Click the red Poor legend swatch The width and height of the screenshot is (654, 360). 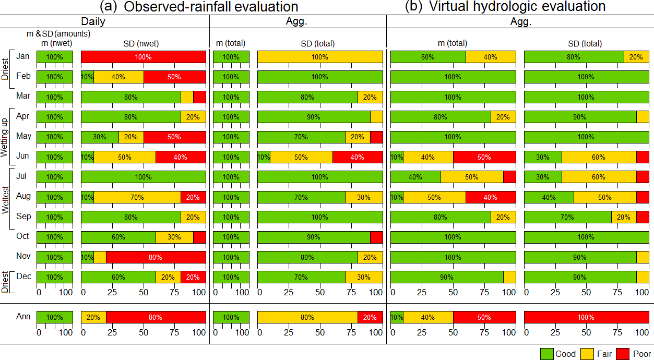[623, 354]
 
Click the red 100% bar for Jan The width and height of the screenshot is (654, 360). [144, 57]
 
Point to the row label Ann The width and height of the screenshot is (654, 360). [23, 317]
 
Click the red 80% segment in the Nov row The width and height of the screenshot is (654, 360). [156, 257]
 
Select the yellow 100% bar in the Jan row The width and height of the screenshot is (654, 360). [320, 57]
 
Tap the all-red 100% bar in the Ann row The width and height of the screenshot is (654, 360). [586, 317]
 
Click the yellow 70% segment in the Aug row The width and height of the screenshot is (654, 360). [137, 197]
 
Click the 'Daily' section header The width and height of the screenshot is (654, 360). [93, 21]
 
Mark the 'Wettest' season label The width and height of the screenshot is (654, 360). [5, 197]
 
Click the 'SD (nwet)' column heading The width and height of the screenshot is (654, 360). [144, 43]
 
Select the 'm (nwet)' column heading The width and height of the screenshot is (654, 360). [54, 43]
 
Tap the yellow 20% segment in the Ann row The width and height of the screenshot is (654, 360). [93, 317]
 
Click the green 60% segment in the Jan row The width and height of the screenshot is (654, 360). [428, 57]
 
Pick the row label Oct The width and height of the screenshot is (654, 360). [23, 236]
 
